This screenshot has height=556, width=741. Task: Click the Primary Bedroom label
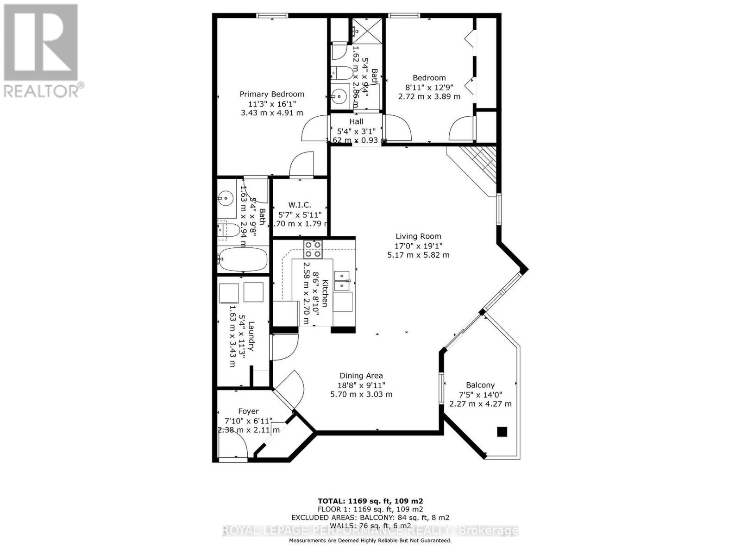click(x=272, y=94)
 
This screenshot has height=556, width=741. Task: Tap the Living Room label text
click(x=418, y=236)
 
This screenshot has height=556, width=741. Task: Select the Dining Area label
click(x=361, y=376)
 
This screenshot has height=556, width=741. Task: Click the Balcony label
click(x=480, y=385)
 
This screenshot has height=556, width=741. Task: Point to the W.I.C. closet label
click(x=300, y=205)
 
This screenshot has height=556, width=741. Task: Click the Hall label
click(x=356, y=121)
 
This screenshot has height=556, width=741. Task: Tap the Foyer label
click(x=248, y=411)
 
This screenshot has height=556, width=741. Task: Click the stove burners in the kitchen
click(x=313, y=249)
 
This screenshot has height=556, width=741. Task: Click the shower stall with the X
click(x=368, y=31)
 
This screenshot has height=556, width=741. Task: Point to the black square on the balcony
click(x=502, y=432)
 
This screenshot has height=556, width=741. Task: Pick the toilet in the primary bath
click(x=230, y=229)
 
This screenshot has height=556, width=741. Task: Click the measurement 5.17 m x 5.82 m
click(x=418, y=255)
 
